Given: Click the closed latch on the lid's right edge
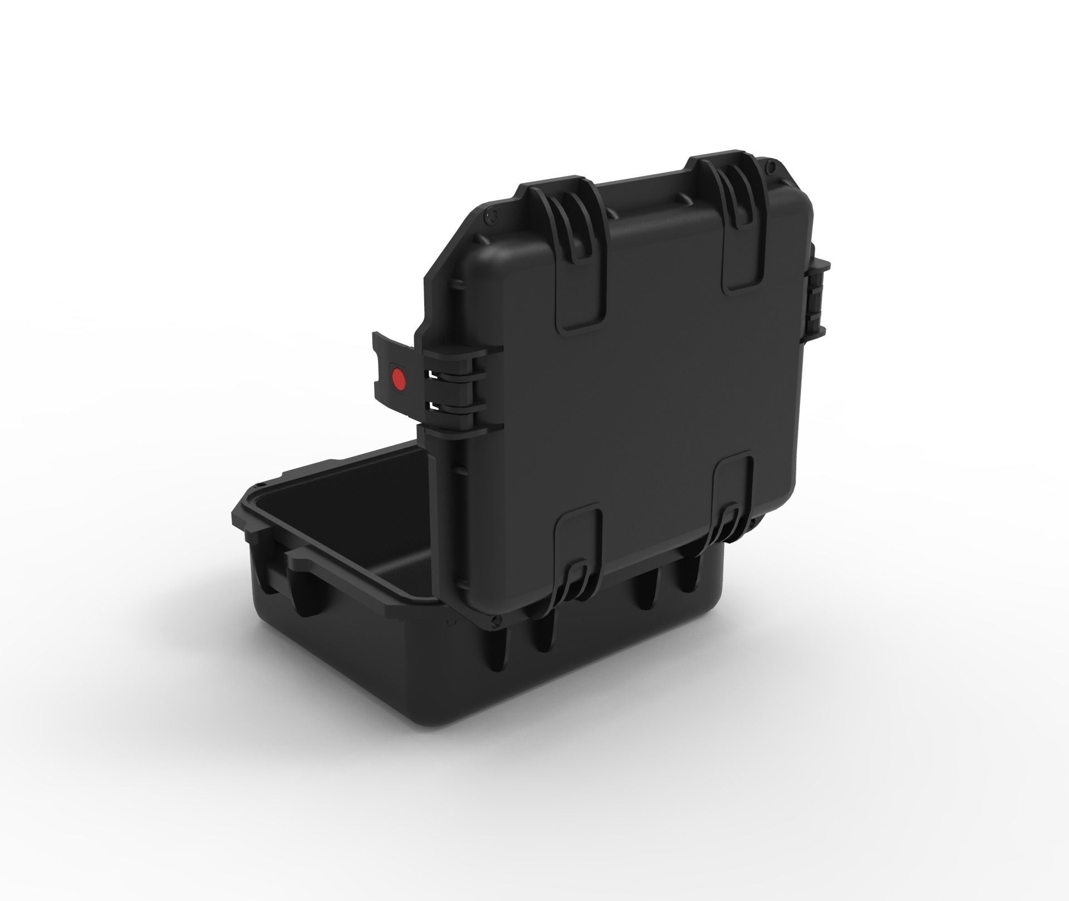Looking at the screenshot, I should point(818,301).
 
